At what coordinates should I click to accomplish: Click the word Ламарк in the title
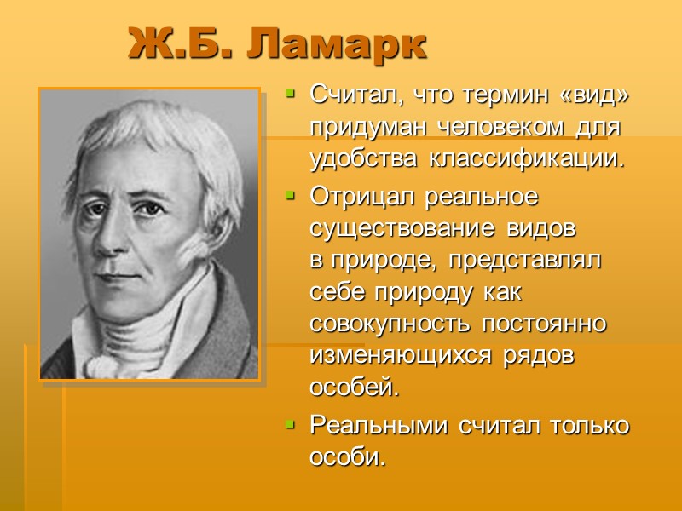point(338,43)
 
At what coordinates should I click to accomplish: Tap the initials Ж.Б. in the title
point(183,43)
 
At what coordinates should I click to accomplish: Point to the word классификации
point(538,158)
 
